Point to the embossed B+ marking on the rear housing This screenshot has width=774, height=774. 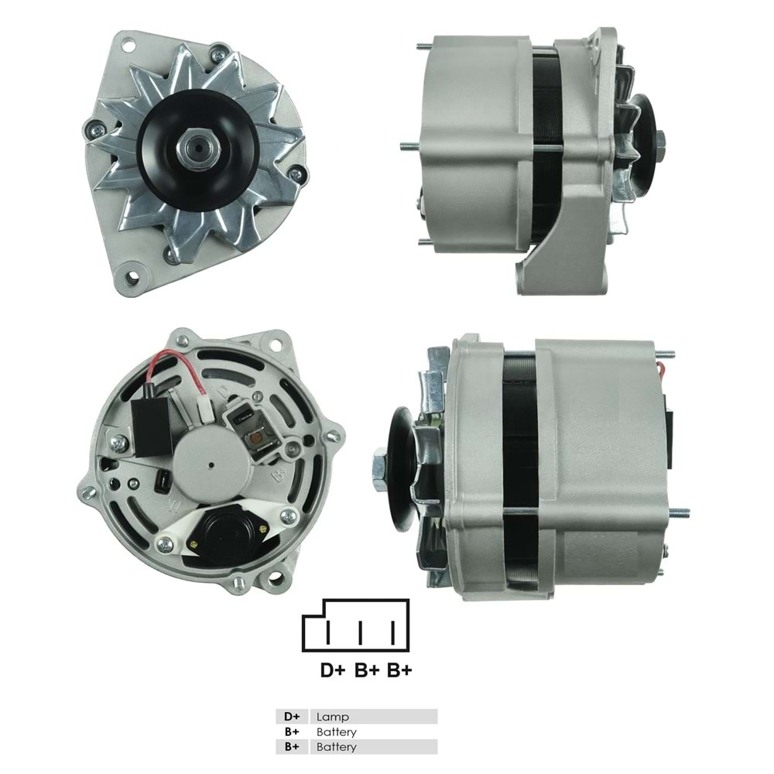pos(280,470)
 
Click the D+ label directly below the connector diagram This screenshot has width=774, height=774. pos(334,670)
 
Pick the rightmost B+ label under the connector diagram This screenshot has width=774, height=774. pos(399,670)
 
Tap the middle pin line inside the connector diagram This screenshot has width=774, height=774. pos(361,633)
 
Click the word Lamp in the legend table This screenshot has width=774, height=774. pos(328,717)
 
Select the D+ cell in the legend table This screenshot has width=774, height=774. pos(292,717)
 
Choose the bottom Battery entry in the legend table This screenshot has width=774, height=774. pos(337,747)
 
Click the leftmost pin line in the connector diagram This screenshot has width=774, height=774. pos(329,633)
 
